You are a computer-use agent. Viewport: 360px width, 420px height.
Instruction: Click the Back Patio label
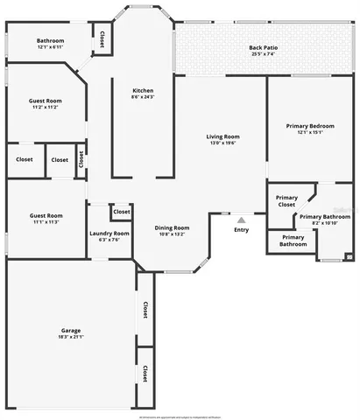[x=262, y=47]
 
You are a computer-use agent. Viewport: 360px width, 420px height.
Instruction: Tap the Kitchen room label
[x=144, y=91]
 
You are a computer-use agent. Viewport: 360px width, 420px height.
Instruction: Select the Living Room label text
[x=222, y=136]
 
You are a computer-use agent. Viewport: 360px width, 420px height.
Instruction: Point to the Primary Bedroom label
[x=310, y=126]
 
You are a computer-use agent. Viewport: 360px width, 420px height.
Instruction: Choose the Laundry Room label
[x=109, y=234]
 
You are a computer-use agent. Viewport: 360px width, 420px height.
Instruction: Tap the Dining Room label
[x=173, y=227]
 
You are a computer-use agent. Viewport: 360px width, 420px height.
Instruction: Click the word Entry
[x=241, y=230]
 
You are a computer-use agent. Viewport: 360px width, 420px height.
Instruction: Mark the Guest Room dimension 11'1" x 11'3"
[x=46, y=222]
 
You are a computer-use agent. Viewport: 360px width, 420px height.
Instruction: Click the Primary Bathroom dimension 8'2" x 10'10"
[x=324, y=223]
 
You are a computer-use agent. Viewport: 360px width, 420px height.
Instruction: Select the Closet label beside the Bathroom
[x=102, y=39]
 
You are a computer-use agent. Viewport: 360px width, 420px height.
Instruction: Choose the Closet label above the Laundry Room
[x=121, y=212]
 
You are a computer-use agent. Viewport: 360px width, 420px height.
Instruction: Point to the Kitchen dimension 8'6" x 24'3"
[x=144, y=97]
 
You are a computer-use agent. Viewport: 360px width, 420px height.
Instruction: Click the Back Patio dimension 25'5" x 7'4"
[x=262, y=54]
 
